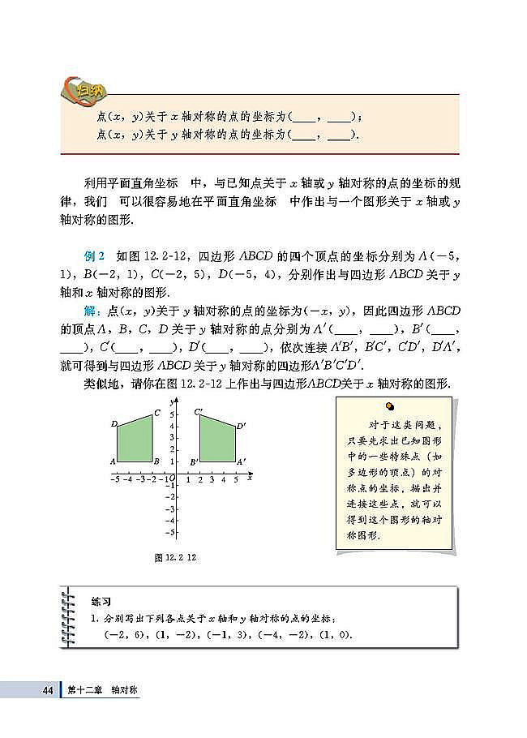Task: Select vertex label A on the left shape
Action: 114,461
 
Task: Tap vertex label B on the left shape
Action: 156,461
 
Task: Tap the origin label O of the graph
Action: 172,479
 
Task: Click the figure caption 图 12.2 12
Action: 176,557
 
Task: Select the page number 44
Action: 48,690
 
